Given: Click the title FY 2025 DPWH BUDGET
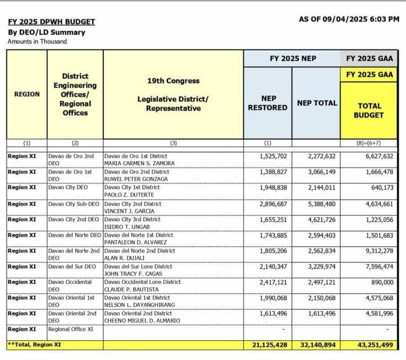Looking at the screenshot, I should coord(51,22).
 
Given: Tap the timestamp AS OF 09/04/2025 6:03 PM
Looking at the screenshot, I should coord(349,19).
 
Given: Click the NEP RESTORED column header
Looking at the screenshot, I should coord(267,103).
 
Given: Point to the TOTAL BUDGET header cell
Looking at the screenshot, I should coord(369,110).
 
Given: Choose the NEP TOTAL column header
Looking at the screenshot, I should coord(317,103).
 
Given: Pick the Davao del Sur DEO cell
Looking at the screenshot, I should coord(72,267).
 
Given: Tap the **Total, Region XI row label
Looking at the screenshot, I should coord(34,345).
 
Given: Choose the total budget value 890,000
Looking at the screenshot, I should coord(379,282).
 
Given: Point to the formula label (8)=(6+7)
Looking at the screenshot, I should coord(368,143).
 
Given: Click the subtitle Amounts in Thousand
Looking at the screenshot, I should coord(37,41).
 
